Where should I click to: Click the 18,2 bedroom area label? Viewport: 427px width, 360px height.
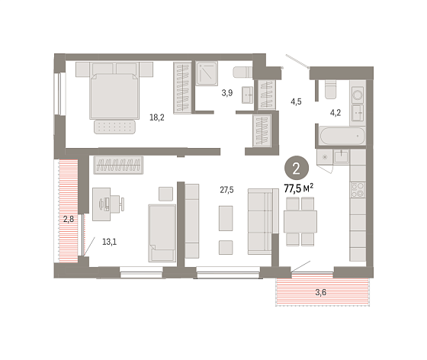pyautogui.click(x=157, y=117)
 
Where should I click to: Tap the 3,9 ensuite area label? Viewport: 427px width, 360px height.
pyautogui.click(x=227, y=93)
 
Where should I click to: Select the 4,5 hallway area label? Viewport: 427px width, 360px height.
pyautogui.click(x=296, y=101)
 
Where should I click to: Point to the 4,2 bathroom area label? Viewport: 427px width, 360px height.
pyautogui.click(x=335, y=112)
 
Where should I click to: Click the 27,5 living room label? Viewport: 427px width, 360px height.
pyautogui.click(x=226, y=189)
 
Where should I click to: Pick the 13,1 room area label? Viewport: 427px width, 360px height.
pyautogui.click(x=110, y=242)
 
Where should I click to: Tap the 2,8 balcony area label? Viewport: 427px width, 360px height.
pyautogui.click(x=69, y=219)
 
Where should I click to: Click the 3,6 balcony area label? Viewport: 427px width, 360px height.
pyautogui.click(x=321, y=292)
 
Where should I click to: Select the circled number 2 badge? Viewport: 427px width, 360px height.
pyautogui.click(x=297, y=169)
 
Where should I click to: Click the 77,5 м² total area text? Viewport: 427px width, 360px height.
pyautogui.click(x=298, y=188)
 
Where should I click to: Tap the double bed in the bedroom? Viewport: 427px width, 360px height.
pyautogui.click(x=114, y=91)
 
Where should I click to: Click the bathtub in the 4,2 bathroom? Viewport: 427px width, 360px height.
pyautogui.click(x=342, y=136)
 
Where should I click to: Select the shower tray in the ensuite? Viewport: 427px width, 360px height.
pyautogui.click(x=207, y=73)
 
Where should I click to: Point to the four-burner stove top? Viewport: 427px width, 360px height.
pyautogui.click(x=358, y=189)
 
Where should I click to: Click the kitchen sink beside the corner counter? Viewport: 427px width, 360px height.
pyautogui.click(x=342, y=156)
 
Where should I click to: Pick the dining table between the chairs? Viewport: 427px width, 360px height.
pyautogui.click(x=300, y=221)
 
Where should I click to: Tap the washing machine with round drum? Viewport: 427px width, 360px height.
pyautogui.click(x=358, y=95)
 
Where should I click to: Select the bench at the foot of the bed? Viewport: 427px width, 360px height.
pyautogui.click(x=114, y=127)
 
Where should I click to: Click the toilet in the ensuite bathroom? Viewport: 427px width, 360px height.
pyautogui.click(x=243, y=72)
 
